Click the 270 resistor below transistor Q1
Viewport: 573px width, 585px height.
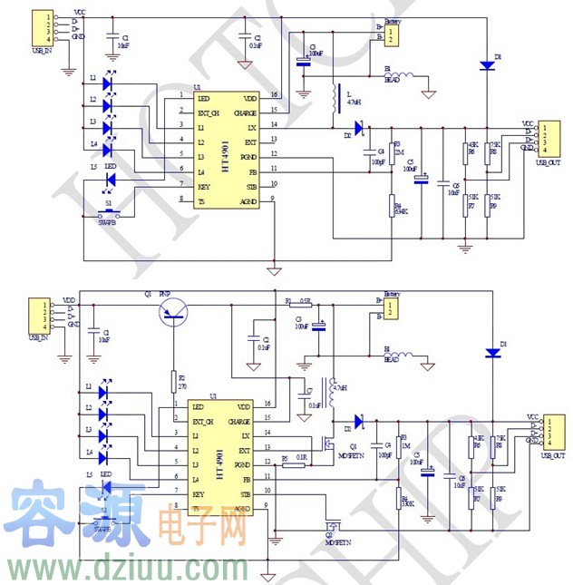(x=172, y=381)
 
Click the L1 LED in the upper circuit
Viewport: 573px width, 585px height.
(x=108, y=83)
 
